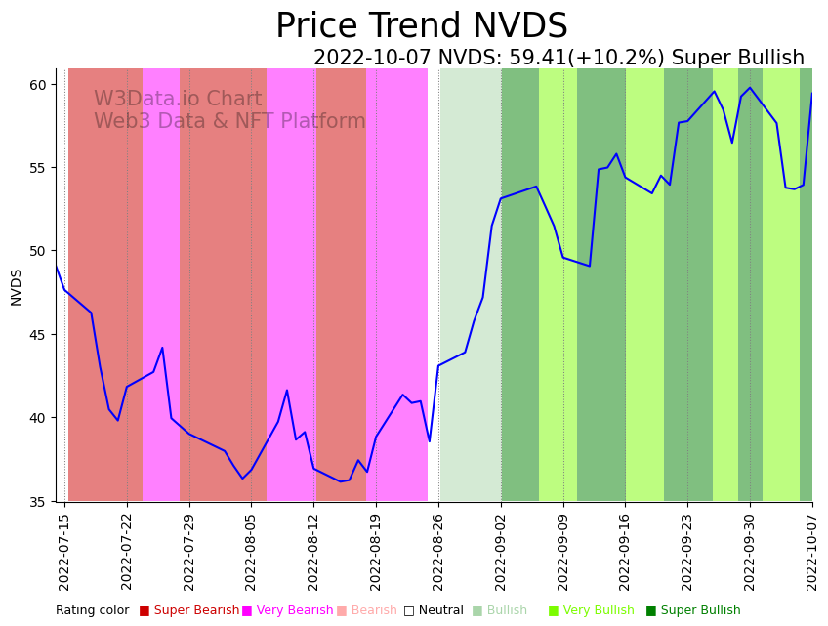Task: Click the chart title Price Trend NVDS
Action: point(421,26)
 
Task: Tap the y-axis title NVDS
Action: point(16,287)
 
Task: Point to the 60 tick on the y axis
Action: point(38,85)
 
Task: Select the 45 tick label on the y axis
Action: point(38,335)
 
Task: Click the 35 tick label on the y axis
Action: point(38,502)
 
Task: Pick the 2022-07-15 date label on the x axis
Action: point(64,551)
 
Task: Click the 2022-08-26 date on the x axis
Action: point(438,551)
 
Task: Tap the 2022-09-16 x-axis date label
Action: point(626,551)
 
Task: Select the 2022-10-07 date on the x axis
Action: point(812,551)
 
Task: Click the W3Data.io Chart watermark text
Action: point(178,100)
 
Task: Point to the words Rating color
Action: point(92,611)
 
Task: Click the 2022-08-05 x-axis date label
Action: point(251,551)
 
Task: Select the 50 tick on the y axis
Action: point(38,251)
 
